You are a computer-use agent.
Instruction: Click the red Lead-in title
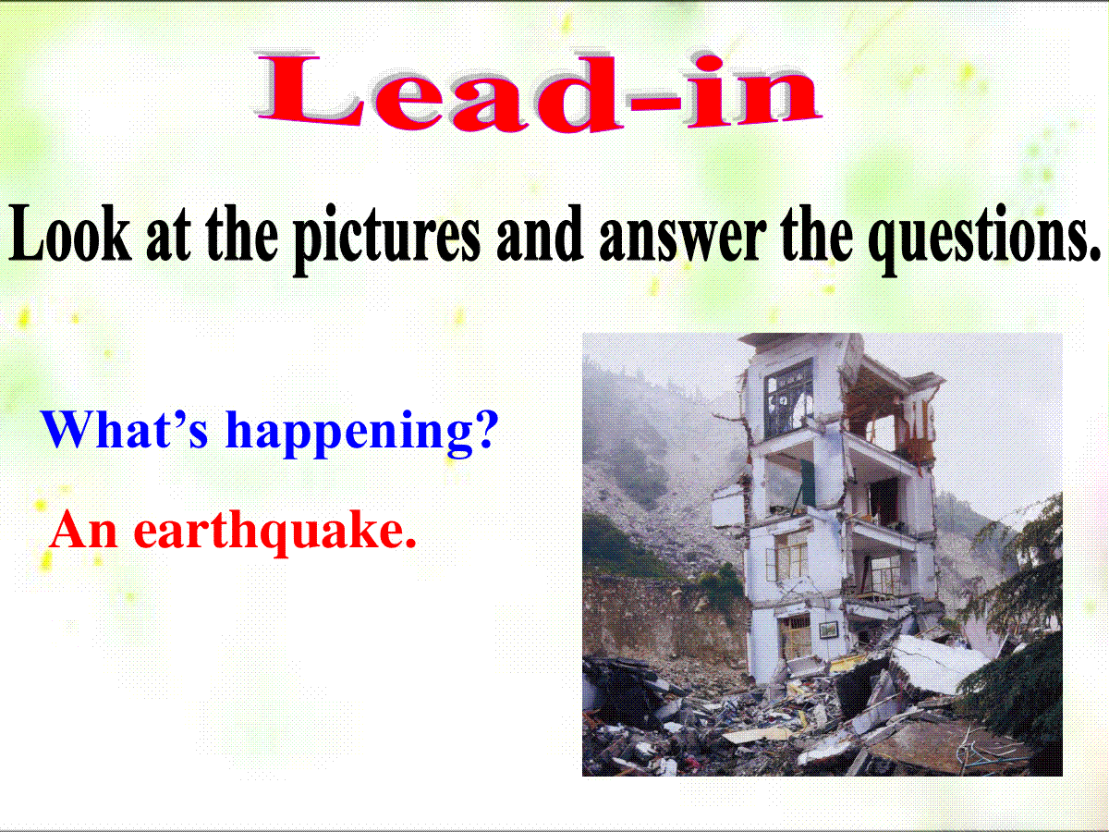tap(539, 91)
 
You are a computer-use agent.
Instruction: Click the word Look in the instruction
tap(70, 235)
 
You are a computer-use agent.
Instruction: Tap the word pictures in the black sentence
tap(386, 240)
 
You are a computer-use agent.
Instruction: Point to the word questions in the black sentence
tap(985, 241)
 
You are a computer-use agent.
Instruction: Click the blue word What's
tap(126, 428)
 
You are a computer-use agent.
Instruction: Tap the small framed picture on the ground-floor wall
tap(828, 630)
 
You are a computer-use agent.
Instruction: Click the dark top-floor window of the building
tap(788, 400)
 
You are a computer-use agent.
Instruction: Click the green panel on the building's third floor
tap(808, 483)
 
